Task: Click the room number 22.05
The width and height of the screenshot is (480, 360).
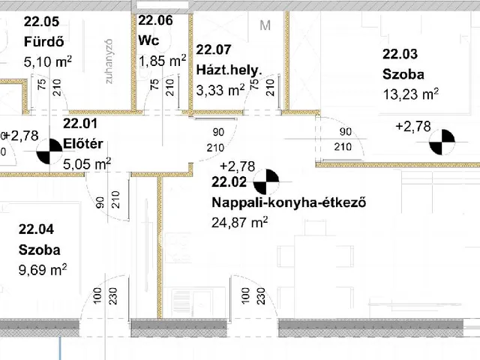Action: pyautogui.click(x=41, y=22)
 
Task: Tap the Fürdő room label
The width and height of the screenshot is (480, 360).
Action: pyautogui.click(x=43, y=41)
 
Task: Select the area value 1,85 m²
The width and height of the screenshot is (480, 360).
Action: pyautogui.click(x=162, y=60)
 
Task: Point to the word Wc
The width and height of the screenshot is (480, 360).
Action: pyautogui.click(x=148, y=40)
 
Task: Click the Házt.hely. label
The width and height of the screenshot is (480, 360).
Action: pyautogui.click(x=229, y=70)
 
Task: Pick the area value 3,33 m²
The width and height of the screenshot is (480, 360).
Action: pyautogui.click(x=220, y=90)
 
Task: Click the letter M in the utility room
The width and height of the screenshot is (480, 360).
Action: pyautogui.click(x=265, y=25)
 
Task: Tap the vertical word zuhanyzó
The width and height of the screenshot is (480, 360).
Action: pyautogui.click(x=109, y=61)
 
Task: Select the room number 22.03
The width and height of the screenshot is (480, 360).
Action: pyautogui.click(x=400, y=54)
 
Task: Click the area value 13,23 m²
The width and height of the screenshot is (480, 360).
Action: pyautogui.click(x=410, y=94)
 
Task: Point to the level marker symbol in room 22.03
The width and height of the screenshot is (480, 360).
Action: pyautogui.click(x=442, y=142)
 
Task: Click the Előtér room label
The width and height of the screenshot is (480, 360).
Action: pyautogui.click(x=83, y=143)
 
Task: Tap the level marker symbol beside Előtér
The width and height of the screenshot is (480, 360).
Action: pyautogui.click(x=49, y=151)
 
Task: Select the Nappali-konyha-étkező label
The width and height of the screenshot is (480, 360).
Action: pyautogui.click(x=289, y=202)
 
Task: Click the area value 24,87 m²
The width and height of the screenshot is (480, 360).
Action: pyautogui.click(x=239, y=222)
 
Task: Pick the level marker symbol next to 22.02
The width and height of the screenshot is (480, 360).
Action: pyautogui.click(x=266, y=181)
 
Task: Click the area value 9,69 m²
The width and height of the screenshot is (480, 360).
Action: pyautogui.click(x=43, y=270)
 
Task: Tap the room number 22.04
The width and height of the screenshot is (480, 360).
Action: pyautogui.click(x=36, y=229)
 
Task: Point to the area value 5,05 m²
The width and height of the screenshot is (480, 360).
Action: pyautogui.click(x=87, y=164)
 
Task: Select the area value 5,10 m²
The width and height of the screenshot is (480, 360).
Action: pyautogui.click(x=48, y=61)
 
